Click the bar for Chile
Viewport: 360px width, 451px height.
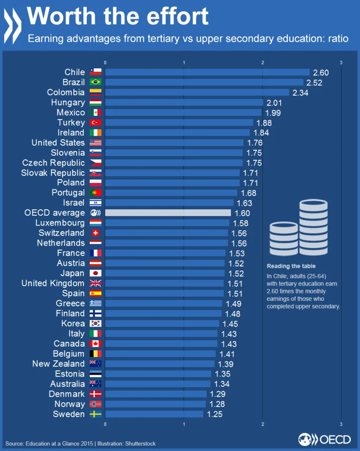207,72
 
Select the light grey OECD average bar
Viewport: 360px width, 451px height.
168,213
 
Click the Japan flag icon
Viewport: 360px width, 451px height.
96,273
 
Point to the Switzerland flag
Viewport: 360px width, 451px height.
96,233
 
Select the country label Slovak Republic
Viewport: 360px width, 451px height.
53,173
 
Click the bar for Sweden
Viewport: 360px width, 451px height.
154,414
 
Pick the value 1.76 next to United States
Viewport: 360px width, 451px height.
254,143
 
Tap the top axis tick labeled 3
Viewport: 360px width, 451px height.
341,63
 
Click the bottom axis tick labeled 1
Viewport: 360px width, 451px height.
184,424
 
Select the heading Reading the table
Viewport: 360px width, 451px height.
291,266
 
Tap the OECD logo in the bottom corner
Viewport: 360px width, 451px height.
324,439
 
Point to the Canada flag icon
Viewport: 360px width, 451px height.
96,344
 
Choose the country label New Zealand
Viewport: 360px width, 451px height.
58,364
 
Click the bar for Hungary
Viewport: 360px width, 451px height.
184,103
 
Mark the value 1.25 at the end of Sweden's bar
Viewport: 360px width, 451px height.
214,414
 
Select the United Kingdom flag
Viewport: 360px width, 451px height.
96,283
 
